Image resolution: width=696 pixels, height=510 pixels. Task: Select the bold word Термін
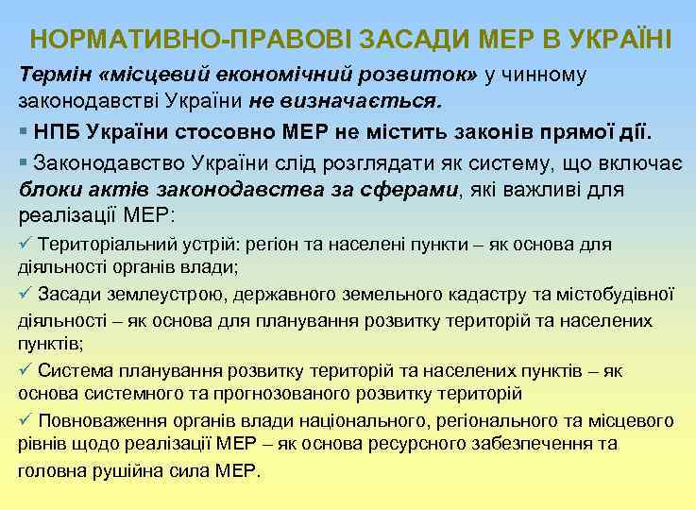tap(51, 74)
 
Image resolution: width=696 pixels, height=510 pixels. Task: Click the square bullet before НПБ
tap(24, 130)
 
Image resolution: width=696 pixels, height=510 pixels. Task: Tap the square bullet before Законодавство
tap(24, 163)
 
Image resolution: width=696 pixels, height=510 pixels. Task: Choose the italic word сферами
tap(412, 189)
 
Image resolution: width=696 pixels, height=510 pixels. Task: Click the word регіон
tap(274, 245)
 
